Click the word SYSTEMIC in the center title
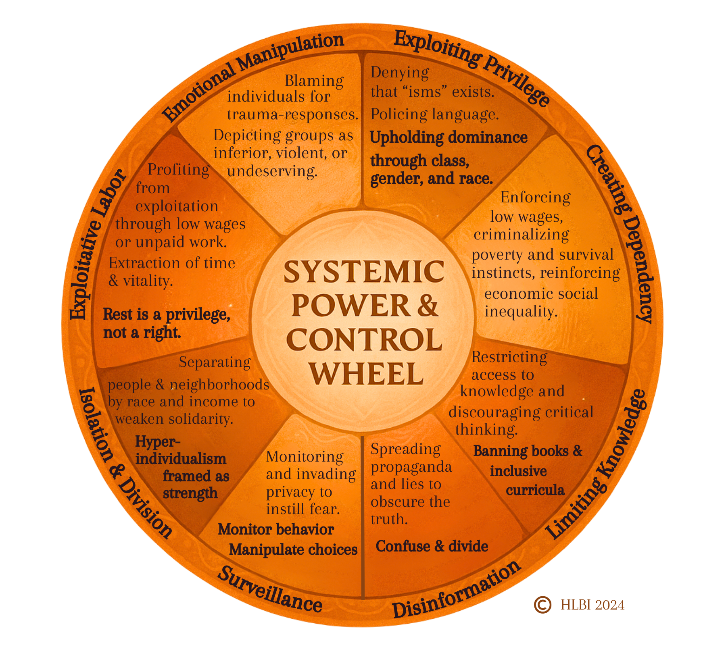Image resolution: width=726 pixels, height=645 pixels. coord(364,271)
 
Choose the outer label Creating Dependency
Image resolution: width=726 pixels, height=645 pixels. coord(621,234)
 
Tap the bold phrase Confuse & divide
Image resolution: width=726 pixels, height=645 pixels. coord(432,546)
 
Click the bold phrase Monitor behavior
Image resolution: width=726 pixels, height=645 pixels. coord(276,529)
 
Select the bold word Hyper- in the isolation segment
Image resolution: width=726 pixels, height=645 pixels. coord(157,441)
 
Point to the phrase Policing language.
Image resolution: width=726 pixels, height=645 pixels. coord(435,114)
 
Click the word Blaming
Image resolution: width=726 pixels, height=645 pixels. coord(314,81)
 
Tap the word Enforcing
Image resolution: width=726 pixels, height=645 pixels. coord(535,198)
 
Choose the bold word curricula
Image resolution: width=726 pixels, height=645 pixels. coord(535,490)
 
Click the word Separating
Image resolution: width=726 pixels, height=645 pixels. coord(215,362)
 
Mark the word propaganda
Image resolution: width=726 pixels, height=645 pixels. coord(411,467)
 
